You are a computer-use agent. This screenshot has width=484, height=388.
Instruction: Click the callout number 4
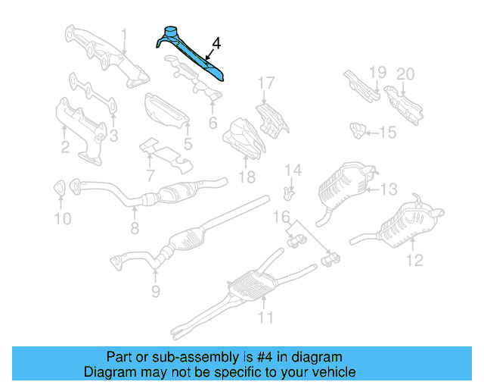coord(217,45)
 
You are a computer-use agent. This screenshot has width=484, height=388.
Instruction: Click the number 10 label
coord(63,219)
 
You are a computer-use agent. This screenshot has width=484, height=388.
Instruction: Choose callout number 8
coord(135,227)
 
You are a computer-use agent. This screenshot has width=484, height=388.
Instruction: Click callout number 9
coord(154,289)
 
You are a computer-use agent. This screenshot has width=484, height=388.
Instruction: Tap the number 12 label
coord(414,261)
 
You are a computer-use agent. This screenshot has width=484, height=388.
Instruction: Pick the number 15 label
coord(387,133)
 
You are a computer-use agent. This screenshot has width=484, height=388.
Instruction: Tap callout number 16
coord(281,218)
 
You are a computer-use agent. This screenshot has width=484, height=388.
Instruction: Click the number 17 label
coord(265,83)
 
